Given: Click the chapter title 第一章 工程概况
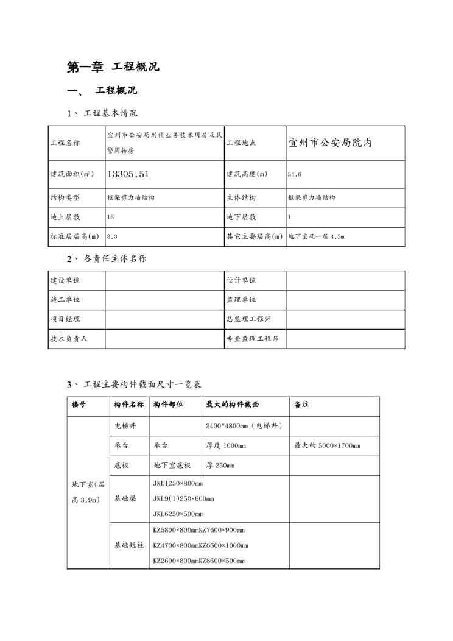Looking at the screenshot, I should tap(113, 67).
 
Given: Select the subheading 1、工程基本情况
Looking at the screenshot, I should tap(102, 113).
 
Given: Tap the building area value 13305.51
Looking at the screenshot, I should tap(128, 174).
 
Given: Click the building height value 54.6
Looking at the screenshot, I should tap(295, 174).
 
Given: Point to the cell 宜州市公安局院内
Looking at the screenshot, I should tap(330, 143).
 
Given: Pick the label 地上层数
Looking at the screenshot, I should tap(65, 217).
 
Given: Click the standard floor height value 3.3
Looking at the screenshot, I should tap(112, 236).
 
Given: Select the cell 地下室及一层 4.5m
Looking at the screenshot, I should tap(316, 236).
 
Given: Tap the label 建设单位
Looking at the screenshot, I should tap(65, 280).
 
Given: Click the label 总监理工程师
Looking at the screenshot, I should tap(248, 319).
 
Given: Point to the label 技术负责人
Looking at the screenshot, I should tap(69, 339).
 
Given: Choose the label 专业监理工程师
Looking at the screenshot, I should tap(252, 339).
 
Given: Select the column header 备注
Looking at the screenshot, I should tap(301, 405).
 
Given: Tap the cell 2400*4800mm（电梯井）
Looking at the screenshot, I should tap(244, 425).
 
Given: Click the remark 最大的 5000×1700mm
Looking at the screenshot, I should tap(327, 445).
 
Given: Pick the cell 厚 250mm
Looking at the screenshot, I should tap(220, 466).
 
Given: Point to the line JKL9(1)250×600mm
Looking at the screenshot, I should tap(183, 498).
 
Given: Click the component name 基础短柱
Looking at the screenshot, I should tap(129, 545).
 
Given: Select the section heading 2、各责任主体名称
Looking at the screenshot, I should tap(107, 258).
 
